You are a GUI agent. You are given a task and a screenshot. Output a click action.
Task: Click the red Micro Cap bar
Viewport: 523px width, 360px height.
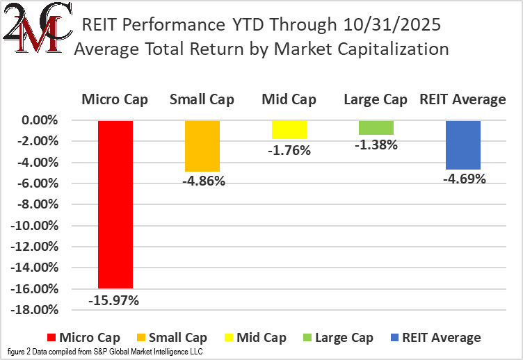pyautogui.click(x=115, y=204)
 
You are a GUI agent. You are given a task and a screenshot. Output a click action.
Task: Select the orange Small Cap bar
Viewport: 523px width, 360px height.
pyautogui.click(x=202, y=146)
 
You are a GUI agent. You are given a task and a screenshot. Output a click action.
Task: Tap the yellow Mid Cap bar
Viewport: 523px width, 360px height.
pyautogui.click(x=289, y=129)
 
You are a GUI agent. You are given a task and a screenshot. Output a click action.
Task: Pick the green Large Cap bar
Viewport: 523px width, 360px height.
pyautogui.click(x=376, y=127)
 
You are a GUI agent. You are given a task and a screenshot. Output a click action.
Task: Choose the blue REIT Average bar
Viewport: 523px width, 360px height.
pyautogui.click(x=462, y=145)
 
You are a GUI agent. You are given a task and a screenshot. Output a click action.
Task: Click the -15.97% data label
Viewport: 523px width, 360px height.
pyautogui.click(x=114, y=300)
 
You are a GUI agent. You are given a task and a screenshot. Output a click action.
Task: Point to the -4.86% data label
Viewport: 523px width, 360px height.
pyautogui.click(x=202, y=182)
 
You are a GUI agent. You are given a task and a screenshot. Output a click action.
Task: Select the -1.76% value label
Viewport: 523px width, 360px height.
pyautogui.click(x=290, y=149)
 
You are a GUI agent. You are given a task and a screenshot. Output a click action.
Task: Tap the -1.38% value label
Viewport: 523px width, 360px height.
pyautogui.click(x=377, y=145)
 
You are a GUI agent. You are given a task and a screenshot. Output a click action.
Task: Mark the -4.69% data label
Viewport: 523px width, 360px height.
pyautogui.click(x=463, y=179)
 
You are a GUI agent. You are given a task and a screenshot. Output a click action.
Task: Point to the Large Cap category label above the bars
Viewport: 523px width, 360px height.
pyautogui.click(x=376, y=99)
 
